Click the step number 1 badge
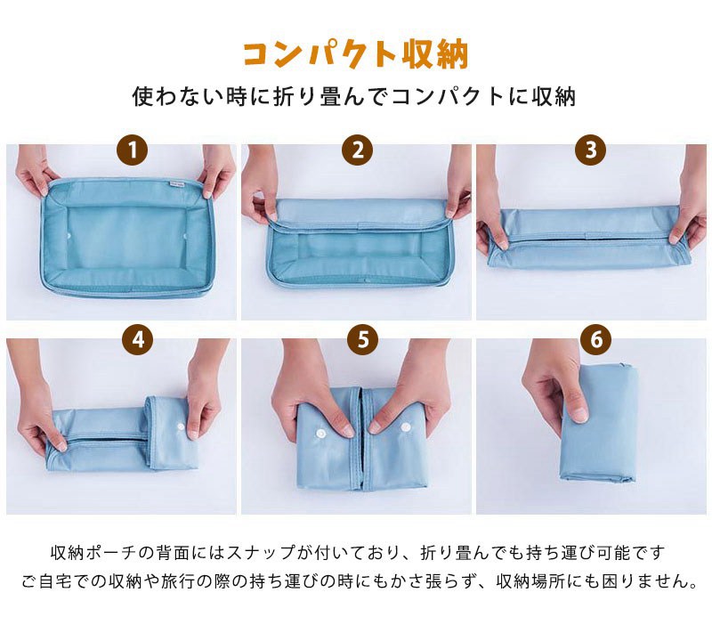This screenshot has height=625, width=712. pyautogui.click(x=132, y=150)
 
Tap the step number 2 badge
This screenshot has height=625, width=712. pyautogui.click(x=358, y=150)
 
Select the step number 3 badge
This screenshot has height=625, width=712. pyautogui.click(x=590, y=150)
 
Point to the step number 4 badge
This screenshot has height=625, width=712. pyautogui.click(x=138, y=339)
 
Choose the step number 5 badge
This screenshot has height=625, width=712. pyautogui.click(x=362, y=339)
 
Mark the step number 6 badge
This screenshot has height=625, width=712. pyautogui.click(x=595, y=339)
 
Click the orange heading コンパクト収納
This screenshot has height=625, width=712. pyautogui.click(x=355, y=55)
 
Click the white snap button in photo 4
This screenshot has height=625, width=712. pyautogui.click(x=182, y=427)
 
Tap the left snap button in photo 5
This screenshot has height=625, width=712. pyautogui.click(x=321, y=434)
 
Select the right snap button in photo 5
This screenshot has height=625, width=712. pyautogui.click(x=406, y=427)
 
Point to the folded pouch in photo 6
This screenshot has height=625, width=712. pyautogui.click(x=600, y=423)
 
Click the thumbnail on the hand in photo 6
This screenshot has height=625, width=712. pyautogui.click(x=580, y=415)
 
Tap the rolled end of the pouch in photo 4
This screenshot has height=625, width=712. pyautogui.click(x=169, y=434)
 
